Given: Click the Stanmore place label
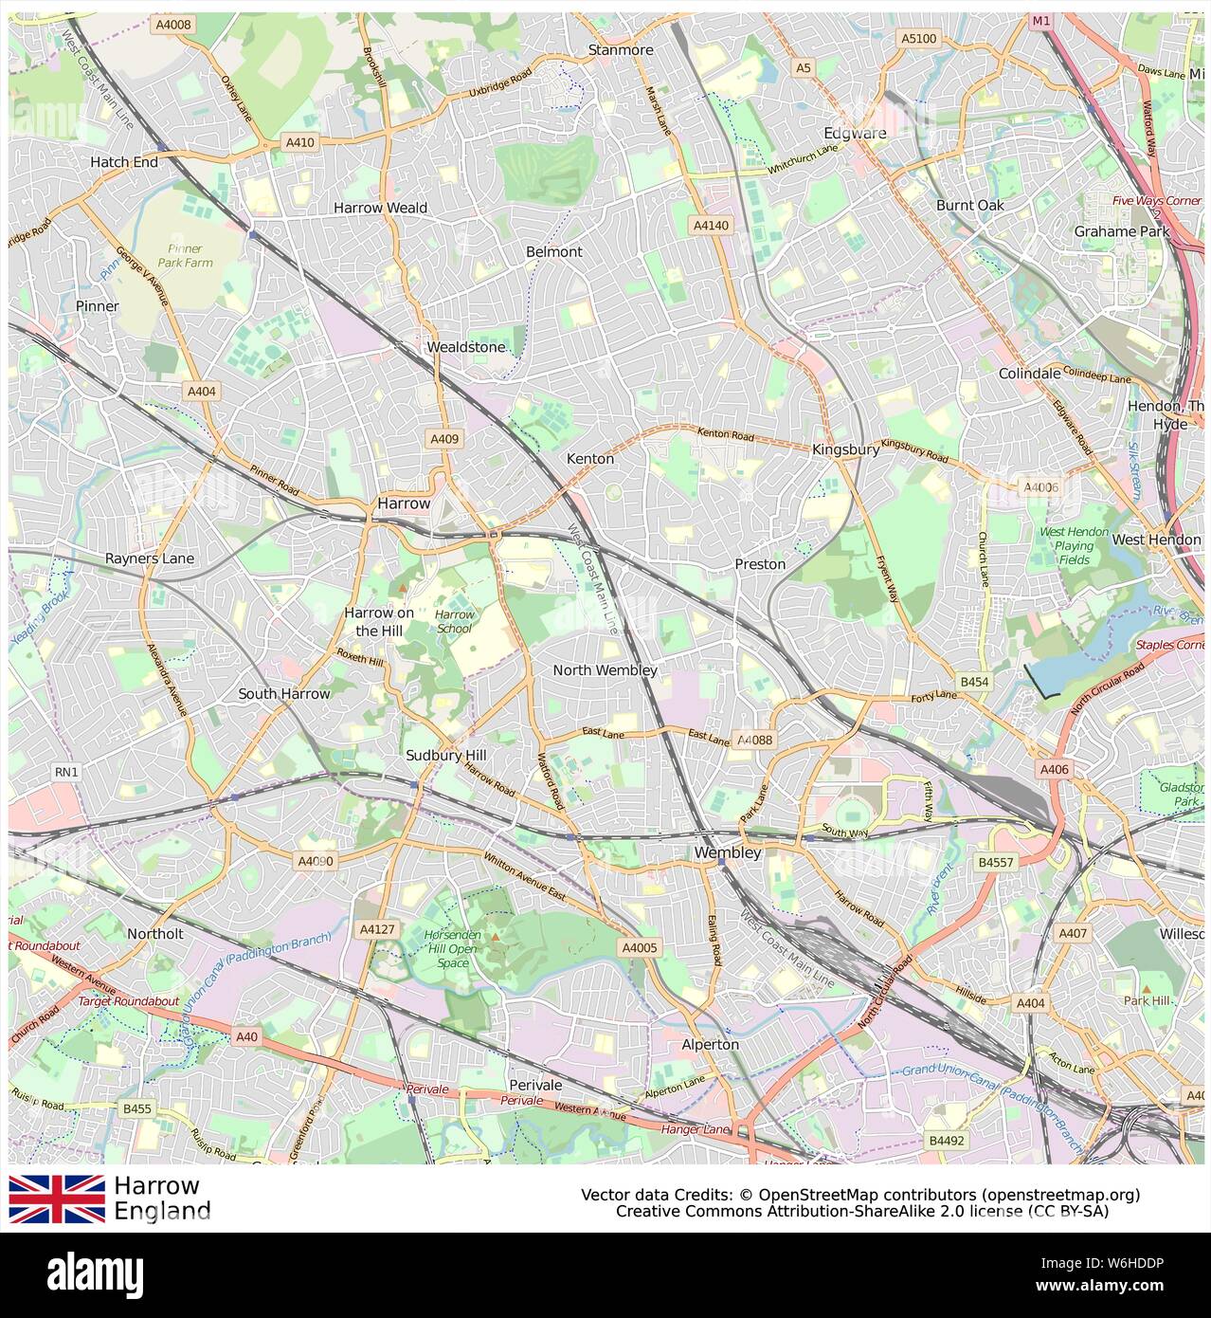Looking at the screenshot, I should point(621,49).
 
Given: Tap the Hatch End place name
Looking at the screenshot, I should point(124,162).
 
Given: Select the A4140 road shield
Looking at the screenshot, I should point(711,226).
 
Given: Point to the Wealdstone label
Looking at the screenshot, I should point(465,347).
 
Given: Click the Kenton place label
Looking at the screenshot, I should point(590,458).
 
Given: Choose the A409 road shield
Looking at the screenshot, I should point(444,439).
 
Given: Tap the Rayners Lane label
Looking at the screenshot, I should point(150,558).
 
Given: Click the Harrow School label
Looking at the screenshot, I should point(454,621).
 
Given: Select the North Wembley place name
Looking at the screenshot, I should point(605,669).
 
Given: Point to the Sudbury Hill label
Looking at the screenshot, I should point(445,755).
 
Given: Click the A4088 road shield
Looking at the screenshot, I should point(755,740).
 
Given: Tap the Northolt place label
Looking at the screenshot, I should point(155,934).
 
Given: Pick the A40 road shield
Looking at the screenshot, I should point(246,1036).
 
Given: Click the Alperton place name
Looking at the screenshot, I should point(710,1044).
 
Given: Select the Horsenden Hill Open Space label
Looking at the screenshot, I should point(453,948).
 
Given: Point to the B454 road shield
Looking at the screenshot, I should point(974,682).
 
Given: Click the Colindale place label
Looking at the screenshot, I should point(1029,374).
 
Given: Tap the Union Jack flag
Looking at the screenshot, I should point(57,1199).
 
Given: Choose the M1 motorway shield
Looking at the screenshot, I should point(1041,20).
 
